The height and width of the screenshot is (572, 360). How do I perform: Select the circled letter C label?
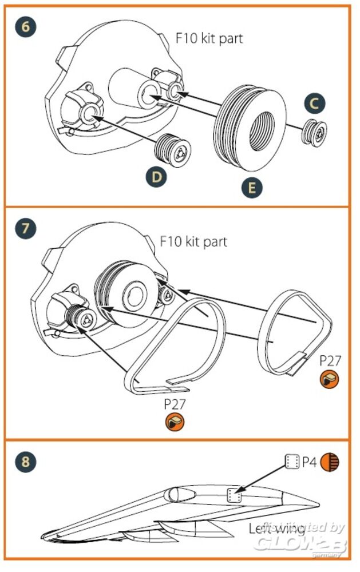tap(314, 104)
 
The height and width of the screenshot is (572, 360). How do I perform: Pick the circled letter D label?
tap(157, 177)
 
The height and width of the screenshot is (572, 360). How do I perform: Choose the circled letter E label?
tap(252, 187)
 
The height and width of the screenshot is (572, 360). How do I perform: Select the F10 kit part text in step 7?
tap(193, 241)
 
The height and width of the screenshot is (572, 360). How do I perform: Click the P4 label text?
tap(310, 462)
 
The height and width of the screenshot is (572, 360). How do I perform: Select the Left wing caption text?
tap(276, 529)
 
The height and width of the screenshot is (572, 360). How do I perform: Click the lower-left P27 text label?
tap(175, 404)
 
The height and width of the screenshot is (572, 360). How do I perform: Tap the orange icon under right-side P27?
tap(329, 379)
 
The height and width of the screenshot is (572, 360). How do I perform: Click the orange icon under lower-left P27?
tap(175, 423)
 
